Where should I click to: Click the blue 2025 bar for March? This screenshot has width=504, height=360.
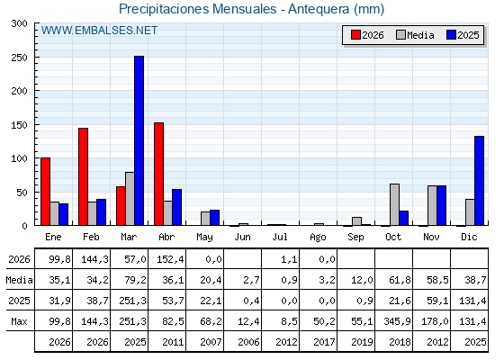pos(139,140)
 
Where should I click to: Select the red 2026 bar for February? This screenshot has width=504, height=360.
pos(83,176)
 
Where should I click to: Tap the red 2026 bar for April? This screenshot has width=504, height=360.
pos(158,174)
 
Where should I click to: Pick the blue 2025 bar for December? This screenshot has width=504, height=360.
pos(479,181)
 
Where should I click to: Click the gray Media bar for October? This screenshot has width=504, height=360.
pos(394,204)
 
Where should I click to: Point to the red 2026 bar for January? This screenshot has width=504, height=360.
pos(45,192)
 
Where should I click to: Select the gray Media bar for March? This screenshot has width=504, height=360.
pos(130,199)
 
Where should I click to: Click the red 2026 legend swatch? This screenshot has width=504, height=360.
pos(355,35)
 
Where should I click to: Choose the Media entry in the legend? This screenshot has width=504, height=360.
pos(415,35)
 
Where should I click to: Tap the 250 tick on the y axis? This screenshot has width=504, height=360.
pos(19,58)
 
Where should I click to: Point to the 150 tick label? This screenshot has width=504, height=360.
pos(19,125)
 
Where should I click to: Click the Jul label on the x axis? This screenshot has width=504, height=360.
pos(280,237)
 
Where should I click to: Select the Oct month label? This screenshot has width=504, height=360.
pos(393,237)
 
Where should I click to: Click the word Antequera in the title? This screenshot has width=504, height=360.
pos(319,9)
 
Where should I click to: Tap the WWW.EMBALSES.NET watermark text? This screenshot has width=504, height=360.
pos(99,31)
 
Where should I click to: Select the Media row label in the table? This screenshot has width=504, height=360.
pos(19,280)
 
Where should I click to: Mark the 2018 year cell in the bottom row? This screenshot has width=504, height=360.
pos(400,342)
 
